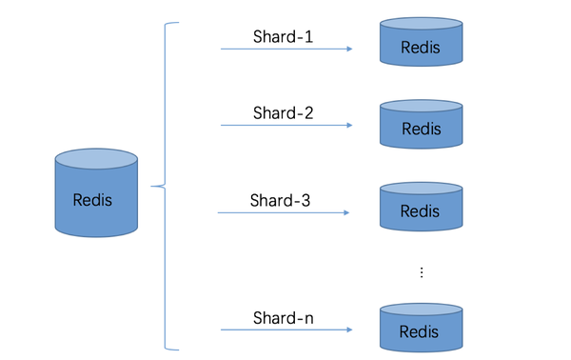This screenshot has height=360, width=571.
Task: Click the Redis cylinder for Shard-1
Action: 420,42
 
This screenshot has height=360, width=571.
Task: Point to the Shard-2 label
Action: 283,113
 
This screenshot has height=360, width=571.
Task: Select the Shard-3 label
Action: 280,201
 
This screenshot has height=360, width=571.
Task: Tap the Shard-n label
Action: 283,317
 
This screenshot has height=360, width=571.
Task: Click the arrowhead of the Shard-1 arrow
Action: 350,47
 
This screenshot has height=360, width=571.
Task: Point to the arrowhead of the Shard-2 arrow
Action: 350,126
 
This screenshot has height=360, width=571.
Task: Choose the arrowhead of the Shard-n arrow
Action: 350,330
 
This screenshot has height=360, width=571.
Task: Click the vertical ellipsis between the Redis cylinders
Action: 421,272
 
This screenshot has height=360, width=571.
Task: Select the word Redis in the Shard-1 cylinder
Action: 420,48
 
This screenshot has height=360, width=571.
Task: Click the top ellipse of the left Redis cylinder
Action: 96,158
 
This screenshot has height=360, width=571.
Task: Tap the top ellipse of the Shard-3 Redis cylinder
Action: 420,190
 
